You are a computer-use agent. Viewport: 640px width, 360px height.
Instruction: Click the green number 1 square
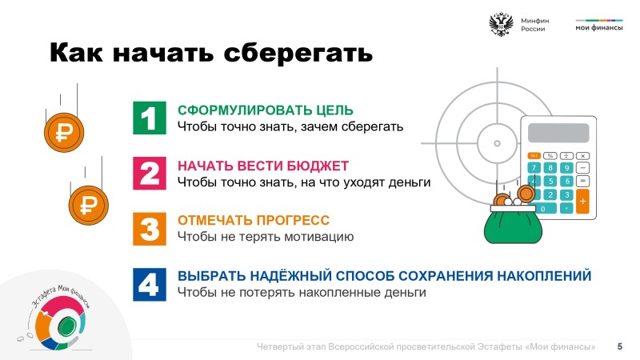(150, 118)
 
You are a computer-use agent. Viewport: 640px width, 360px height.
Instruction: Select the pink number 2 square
(150, 173)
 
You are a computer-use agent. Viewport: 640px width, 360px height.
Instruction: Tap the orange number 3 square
(150, 229)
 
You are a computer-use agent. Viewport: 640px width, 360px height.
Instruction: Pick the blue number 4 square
(150, 285)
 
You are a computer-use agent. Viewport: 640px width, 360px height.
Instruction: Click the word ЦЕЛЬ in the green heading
(334, 110)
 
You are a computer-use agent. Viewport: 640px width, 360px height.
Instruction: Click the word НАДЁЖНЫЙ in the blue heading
(290, 276)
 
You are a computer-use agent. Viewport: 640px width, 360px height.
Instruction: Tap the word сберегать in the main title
(298, 53)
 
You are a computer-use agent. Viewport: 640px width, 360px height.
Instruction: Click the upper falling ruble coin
(64, 132)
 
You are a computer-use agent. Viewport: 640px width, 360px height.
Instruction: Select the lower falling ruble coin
(89, 205)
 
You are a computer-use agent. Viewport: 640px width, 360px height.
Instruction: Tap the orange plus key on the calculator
(582, 202)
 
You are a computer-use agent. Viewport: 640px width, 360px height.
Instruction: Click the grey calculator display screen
(558, 133)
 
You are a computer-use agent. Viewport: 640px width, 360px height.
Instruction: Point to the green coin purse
(513, 224)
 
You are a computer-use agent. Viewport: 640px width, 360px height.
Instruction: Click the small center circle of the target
(497, 143)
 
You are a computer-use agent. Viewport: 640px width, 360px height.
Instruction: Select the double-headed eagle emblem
(501, 25)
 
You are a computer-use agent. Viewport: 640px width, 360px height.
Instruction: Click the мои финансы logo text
(598, 28)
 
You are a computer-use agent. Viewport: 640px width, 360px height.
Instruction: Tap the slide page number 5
(619, 346)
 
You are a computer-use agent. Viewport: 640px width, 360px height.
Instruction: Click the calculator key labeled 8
(550, 168)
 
